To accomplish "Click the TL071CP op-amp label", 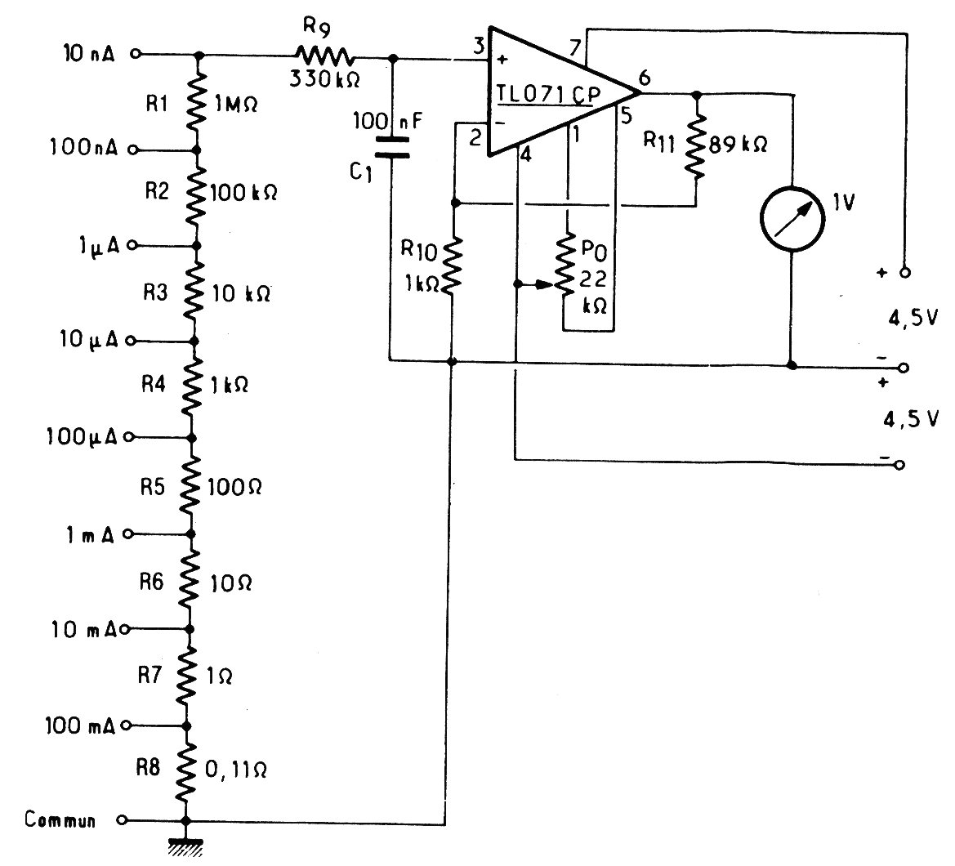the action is (548, 95).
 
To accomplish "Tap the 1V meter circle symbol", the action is (792, 218).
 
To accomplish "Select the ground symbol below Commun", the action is (185, 848).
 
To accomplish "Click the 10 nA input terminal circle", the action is (136, 54).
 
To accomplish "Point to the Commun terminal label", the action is (60, 819).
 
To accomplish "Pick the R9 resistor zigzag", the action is (325, 56).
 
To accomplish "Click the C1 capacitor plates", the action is (392, 147).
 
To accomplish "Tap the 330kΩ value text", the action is (324, 79).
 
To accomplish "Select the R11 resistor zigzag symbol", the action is (695, 147).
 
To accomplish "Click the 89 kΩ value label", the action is (739, 145).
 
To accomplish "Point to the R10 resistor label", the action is (419, 249).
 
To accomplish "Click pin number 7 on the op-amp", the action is (575, 47).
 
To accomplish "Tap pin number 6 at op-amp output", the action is (645, 78).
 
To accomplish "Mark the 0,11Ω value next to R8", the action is (236, 770).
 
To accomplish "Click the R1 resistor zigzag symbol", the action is (195, 101).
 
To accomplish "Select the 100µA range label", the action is (82, 436).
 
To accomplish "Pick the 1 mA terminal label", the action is (90, 535).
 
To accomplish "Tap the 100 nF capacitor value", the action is (388, 121).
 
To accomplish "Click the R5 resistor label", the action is (152, 487).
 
